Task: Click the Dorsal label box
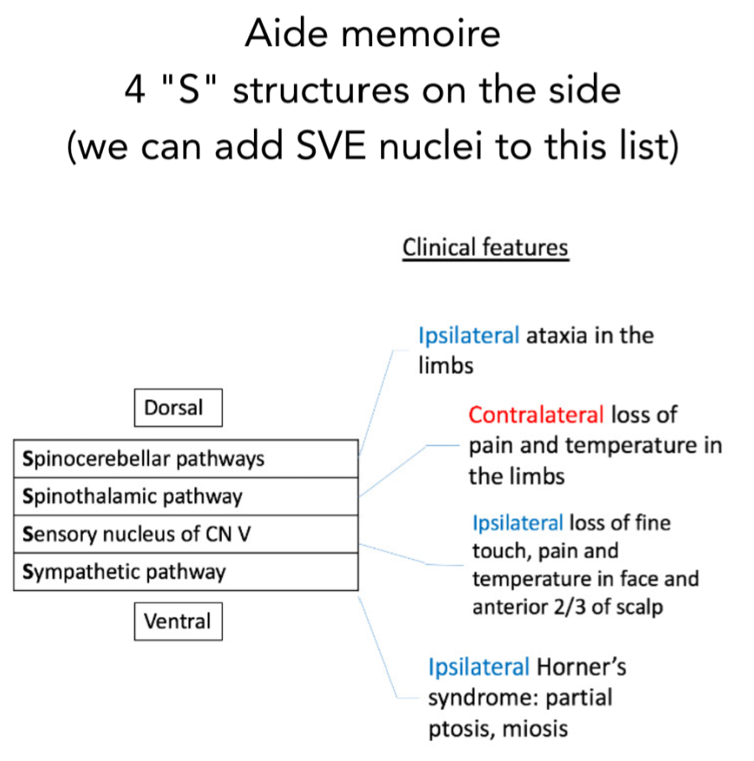pos(178,408)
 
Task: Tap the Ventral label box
pos(178,622)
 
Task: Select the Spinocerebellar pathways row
pos(186,458)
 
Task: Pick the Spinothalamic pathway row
pos(186,496)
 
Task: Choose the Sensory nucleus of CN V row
pos(186,534)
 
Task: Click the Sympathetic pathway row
pos(186,572)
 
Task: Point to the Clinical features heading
pos(485,248)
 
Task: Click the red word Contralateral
pos(535,415)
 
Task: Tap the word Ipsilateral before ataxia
pos(468,336)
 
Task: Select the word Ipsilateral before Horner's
pos(478,667)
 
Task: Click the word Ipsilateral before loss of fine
pos(517,523)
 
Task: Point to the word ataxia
pos(554,336)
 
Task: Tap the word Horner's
pos(581,667)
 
